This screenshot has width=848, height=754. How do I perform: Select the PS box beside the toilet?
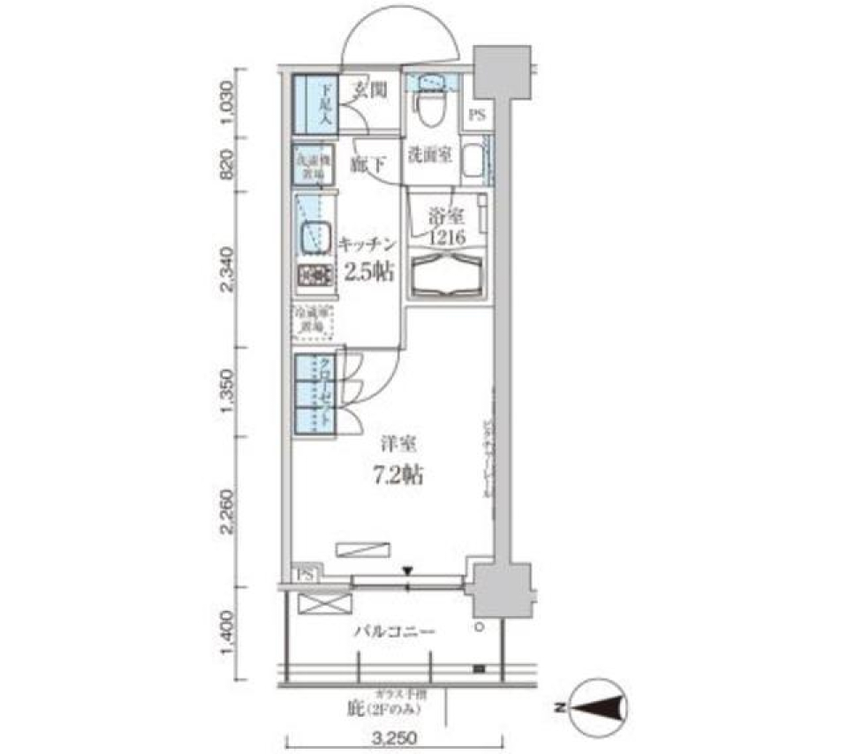(477, 114)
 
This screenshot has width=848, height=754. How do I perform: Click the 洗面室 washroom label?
(429, 155)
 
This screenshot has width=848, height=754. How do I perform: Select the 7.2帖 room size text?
(394, 477)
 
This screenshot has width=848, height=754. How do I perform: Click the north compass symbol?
(599, 708)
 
